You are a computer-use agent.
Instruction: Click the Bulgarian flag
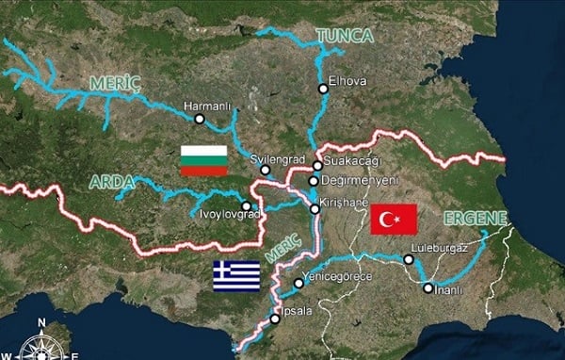[203, 160]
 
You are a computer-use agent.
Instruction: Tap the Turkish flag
[394, 219]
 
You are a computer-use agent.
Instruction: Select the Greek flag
[235, 275]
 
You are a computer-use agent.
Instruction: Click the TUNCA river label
[345, 36]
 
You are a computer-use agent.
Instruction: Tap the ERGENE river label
[477, 220]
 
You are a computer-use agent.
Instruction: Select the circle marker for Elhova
[323, 89]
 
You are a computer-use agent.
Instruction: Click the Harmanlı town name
[207, 105]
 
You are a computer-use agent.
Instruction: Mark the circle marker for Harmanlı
[200, 118]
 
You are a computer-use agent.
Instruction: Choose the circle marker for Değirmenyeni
[314, 180]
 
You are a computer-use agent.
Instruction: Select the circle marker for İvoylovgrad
[246, 205]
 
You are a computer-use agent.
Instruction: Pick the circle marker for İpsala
[275, 319]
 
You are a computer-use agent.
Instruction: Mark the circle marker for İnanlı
[428, 288]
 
